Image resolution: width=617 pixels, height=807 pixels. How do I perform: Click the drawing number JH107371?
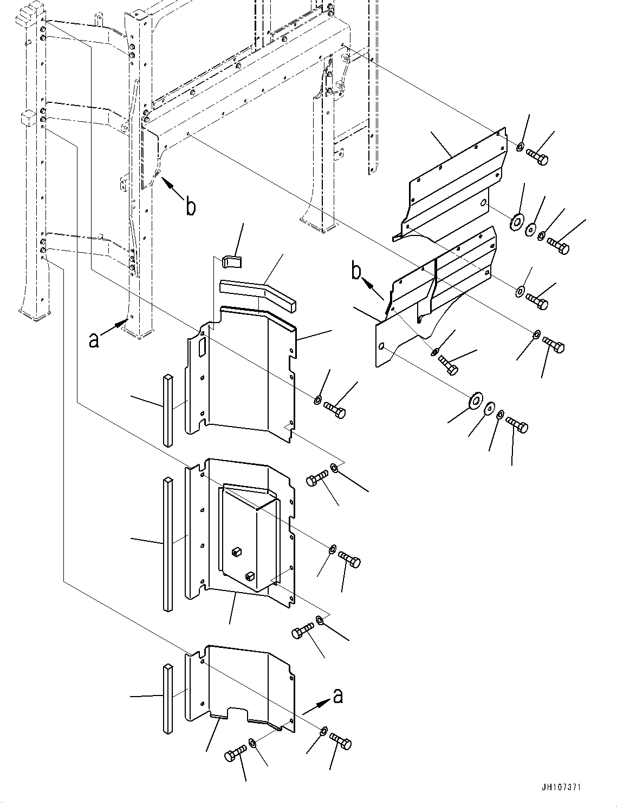[x=561, y=788]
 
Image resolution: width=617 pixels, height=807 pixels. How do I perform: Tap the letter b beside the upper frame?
[x=190, y=206]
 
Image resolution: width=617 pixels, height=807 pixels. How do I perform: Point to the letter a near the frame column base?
[x=94, y=339]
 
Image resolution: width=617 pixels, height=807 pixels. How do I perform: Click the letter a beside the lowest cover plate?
[x=338, y=696]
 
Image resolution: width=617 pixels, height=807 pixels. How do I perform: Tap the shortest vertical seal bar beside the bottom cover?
[x=168, y=698]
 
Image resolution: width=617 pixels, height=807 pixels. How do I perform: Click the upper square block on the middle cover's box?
[x=235, y=552]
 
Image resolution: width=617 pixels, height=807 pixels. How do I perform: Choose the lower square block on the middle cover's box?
[x=250, y=576]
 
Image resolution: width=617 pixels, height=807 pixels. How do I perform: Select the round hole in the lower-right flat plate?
[x=382, y=346]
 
